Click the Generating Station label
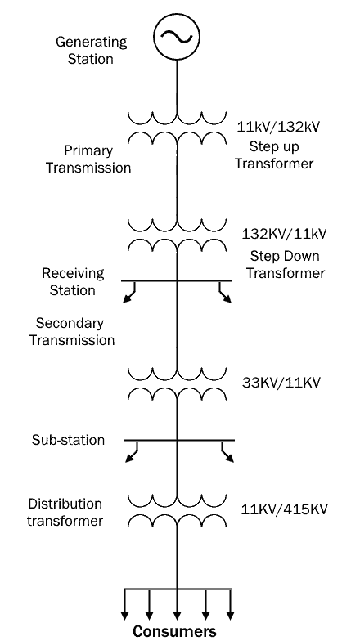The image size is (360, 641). tap(91, 50)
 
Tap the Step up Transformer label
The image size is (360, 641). tap(273, 155)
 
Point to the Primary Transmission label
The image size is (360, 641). tap(88, 159)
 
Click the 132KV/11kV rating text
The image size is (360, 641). tap(285, 234)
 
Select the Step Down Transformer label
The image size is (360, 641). tap(285, 265)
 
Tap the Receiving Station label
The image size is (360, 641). tap(73, 281)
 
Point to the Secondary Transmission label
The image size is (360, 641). tap(72, 332)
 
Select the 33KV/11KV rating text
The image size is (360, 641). tap(281, 383)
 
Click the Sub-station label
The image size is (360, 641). tap(68, 440)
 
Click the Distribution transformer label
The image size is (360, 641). tap(65, 512)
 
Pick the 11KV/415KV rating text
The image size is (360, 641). tap(284, 510)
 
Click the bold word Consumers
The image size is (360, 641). tap(175, 631)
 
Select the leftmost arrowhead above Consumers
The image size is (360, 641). tap(124, 616)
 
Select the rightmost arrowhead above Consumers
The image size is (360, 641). tap(231, 616)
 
